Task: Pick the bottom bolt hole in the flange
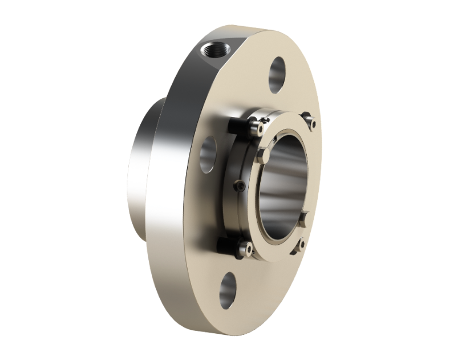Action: coord(228,290)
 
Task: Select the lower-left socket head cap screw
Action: coord(246,247)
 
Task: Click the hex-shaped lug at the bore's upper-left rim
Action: coord(264,155)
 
